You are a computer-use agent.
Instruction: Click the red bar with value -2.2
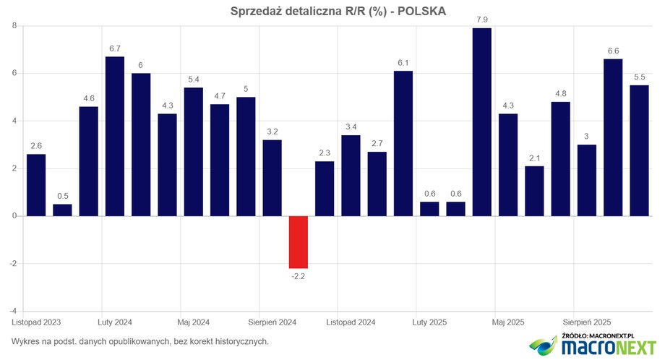pyautogui.click(x=299, y=241)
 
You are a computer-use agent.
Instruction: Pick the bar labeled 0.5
pyautogui.click(x=62, y=210)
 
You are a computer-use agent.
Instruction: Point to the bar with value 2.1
pyautogui.click(x=534, y=191)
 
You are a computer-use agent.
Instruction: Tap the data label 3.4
pyautogui.click(x=351, y=126)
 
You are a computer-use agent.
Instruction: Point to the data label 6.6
pyautogui.click(x=613, y=50)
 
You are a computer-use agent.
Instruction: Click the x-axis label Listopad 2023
pyautogui.click(x=36, y=322)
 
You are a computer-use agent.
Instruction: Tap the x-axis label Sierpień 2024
pyautogui.click(x=272, y=322)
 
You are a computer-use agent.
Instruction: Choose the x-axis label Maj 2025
pyautogui.click(x=508, y=322)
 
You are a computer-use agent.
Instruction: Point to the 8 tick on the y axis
pyautogui.click(x=14, y=26)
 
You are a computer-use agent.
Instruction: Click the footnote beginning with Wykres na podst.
pyautogui.click(x=140, y=341)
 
